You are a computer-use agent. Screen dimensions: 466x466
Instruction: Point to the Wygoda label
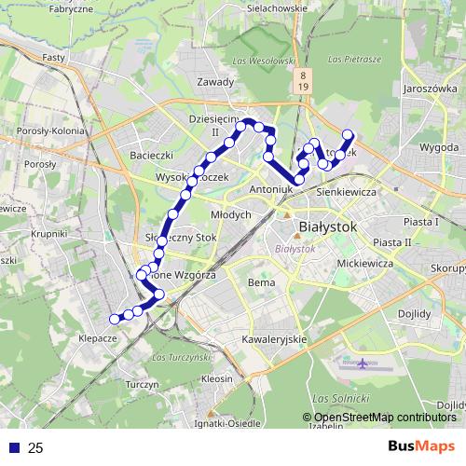[438, 147]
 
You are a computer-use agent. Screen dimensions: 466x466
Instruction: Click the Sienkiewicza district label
[346, 191]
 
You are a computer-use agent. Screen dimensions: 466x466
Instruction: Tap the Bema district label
[258, 281]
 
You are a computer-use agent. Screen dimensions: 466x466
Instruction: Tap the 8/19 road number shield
[304, 79]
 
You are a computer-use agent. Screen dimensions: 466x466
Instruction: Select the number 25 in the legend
[35, 448]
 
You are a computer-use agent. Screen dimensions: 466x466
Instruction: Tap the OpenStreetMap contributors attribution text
[385, 418]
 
